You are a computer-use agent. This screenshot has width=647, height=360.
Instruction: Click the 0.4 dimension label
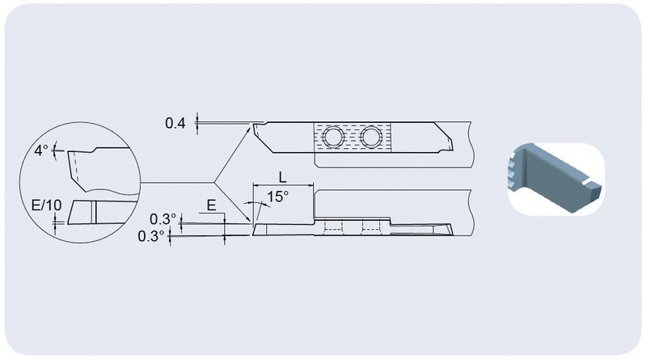175,123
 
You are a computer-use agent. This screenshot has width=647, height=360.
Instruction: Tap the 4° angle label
41,150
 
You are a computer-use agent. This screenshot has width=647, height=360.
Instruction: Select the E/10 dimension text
47,205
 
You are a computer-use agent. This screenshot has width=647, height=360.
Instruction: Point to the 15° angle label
277,197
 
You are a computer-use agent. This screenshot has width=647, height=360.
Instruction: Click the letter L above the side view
282,177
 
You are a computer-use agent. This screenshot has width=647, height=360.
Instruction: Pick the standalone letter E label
211,205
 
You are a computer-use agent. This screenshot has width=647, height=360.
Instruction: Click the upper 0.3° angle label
163,218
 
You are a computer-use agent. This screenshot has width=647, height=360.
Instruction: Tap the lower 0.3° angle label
151,236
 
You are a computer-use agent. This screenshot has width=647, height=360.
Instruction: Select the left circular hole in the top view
333,136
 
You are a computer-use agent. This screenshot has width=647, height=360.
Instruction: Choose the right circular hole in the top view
371,136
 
